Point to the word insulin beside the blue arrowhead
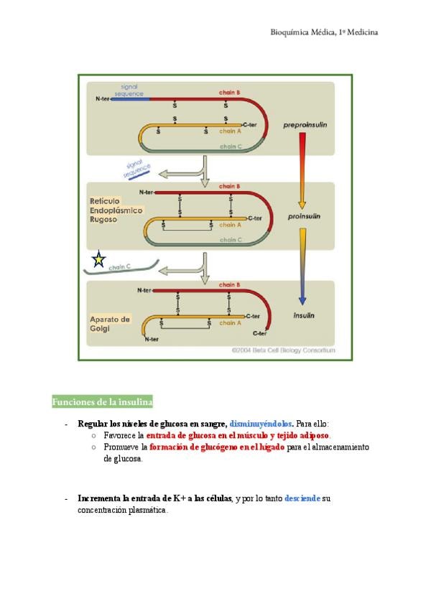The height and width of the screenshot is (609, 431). click(x=307, y=315)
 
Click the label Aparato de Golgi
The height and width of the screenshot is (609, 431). click(x=110, y=322)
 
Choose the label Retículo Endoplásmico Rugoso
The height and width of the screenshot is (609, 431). click(x=116, y=209)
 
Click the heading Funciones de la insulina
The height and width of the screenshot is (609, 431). click(x=102, y=401)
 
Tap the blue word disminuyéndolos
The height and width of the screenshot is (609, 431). click(x=261, y=424)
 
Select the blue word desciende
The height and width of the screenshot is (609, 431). click(x=302, y=498)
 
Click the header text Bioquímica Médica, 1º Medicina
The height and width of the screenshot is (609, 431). click(x=324, y=32)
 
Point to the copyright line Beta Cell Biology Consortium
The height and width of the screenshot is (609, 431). click(x=283, y=350)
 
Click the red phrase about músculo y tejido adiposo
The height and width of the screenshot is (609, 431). click(x=238, y=435)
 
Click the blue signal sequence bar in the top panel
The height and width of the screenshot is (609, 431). click(x=130, y=99)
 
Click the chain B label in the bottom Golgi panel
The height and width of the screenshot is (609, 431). click(x=229, y=284)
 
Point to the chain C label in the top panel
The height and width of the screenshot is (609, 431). click(x=230, y=146)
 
